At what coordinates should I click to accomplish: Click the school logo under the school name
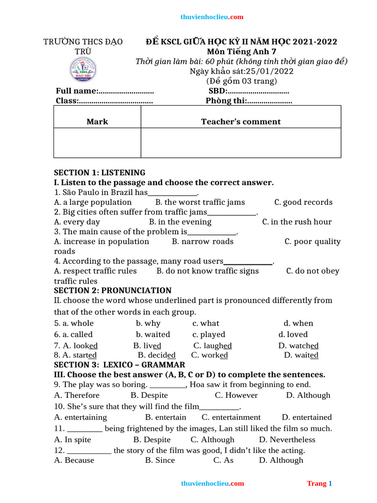tap(82, 70)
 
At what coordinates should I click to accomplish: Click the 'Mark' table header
tap(97, 122)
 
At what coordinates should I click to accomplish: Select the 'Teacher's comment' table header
tap(241, 122)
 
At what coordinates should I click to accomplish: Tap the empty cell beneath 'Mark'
tap(97, 143)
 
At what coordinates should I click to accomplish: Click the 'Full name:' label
tap(77, 91)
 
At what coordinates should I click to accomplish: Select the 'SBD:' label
tap(217, 91)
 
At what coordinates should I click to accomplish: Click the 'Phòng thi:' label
tap(225, 101)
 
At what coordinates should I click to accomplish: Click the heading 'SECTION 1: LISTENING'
tap(99, 173)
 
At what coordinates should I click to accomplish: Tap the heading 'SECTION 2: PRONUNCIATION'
tap(112, 290)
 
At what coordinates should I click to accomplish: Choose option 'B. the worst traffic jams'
tap(200, 202)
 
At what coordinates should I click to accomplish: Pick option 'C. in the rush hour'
tap(296, 222)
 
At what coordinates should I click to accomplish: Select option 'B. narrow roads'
tap(203, 242)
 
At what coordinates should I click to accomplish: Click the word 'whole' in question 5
tap(82, 323)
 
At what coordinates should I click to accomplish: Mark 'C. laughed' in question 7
tap(212, 345)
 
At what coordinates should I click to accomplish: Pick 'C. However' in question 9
tap(236, 395)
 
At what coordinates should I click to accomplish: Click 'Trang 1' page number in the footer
tap(320, 483)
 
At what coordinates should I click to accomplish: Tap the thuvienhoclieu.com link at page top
tap(212, 17)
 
